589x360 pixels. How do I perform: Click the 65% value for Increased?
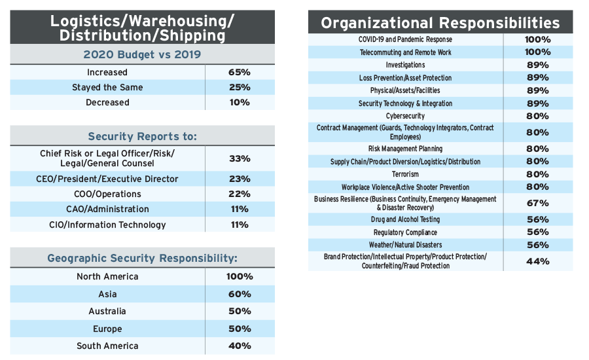(240, 72)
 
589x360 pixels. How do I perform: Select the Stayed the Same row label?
(107, 87)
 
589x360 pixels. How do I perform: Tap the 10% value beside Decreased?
(240, 102)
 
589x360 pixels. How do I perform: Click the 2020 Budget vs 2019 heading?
(142, 54)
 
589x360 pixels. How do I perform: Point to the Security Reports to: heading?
(142, 136)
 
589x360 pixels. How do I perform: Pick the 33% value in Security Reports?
(240, 158)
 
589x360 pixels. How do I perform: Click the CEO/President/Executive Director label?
(107, 179)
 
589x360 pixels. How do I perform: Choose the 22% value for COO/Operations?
(240, 194)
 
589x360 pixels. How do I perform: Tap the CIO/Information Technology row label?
(107, 225)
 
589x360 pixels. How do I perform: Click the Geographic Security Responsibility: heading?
(142, 259)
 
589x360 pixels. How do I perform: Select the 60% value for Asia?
(240, 294)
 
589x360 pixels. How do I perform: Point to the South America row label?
(107, 346)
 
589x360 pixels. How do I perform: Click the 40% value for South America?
(240, 346)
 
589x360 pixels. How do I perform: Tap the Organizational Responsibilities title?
(440, 23)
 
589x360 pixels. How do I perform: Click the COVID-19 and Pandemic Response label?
(405, 39)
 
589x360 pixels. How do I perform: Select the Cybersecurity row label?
(405, 116)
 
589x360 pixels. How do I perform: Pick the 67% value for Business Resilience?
(538, 203)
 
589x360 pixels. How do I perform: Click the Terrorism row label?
(405, 174)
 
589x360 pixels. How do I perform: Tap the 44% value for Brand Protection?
(538, 261)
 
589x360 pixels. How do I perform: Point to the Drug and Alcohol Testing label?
(405, 220)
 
